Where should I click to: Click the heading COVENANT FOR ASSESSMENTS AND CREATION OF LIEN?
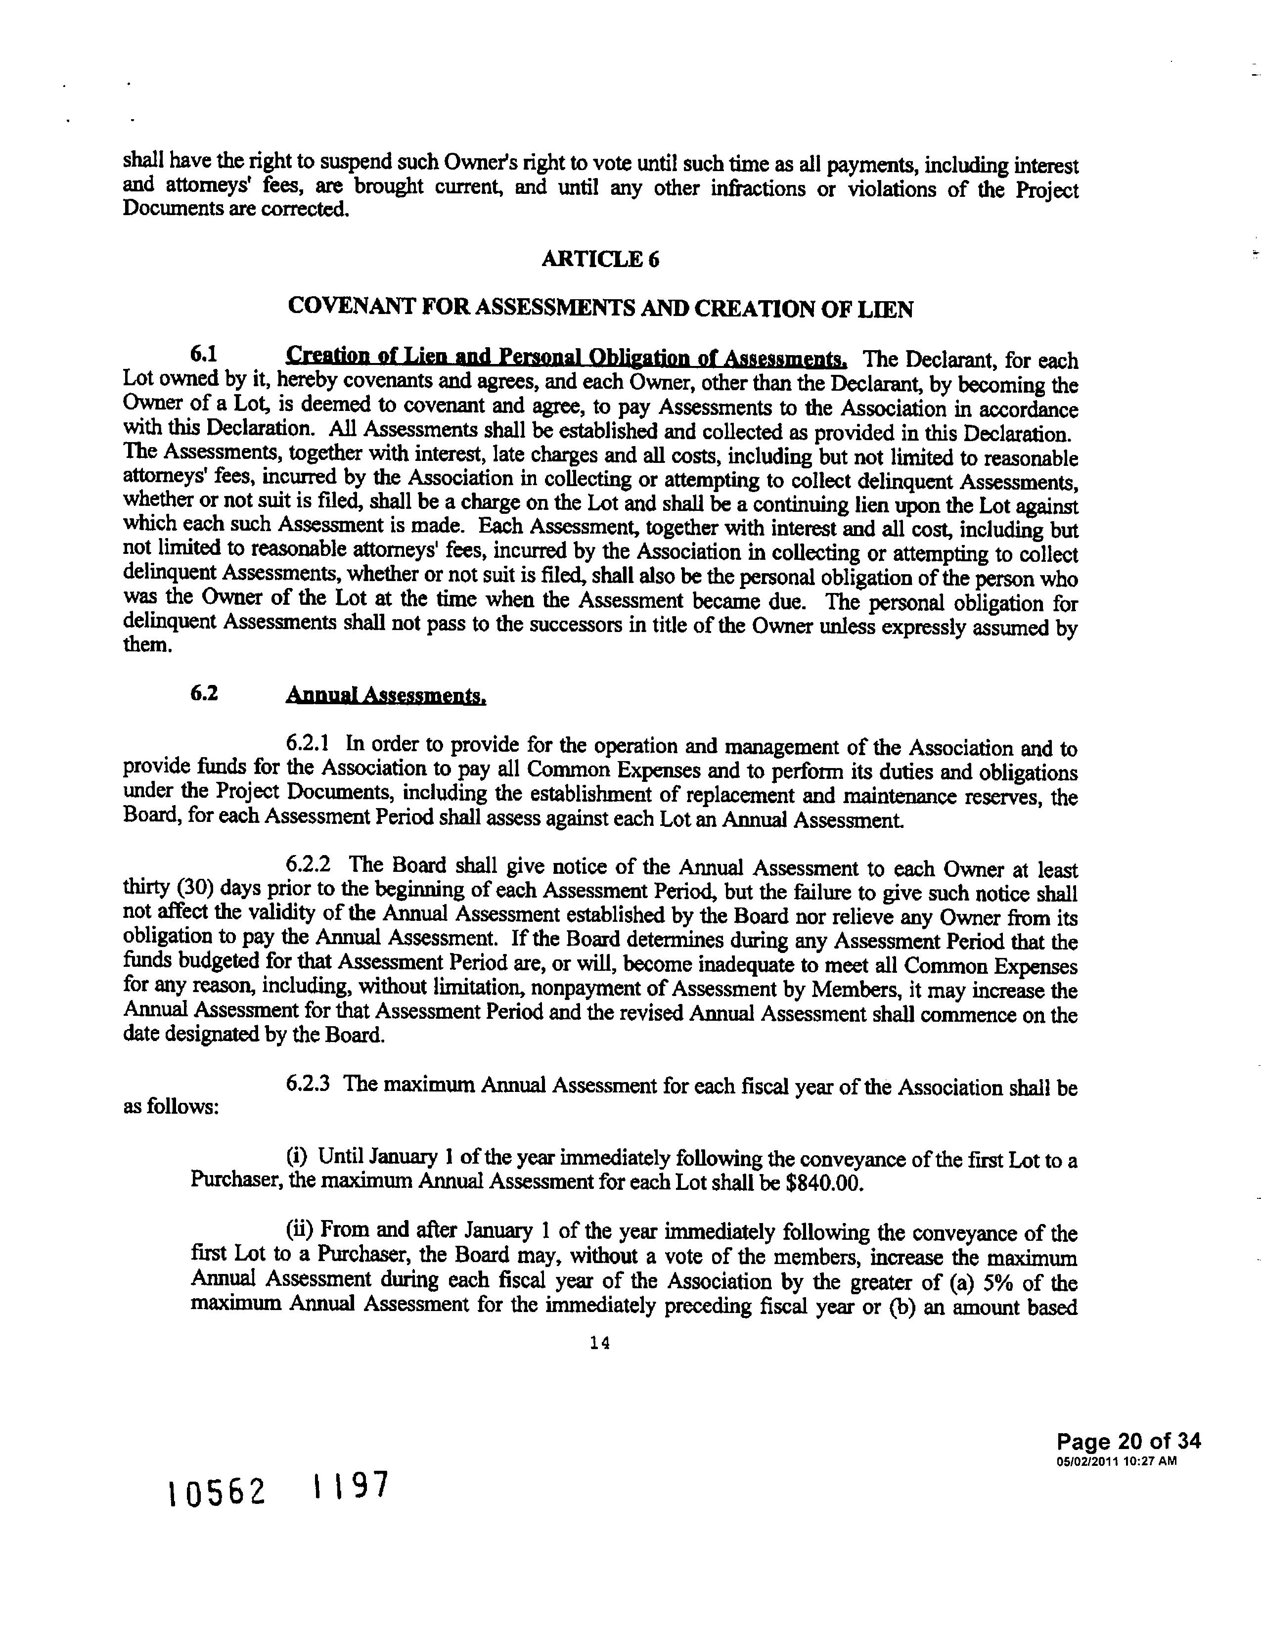tap(600, 308)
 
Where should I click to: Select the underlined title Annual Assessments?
tap(386, 696)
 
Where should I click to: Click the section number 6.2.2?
tap(309, 865)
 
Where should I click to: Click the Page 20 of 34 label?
tap(1129, 1442)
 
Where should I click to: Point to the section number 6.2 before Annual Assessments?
tap(204, 693)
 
